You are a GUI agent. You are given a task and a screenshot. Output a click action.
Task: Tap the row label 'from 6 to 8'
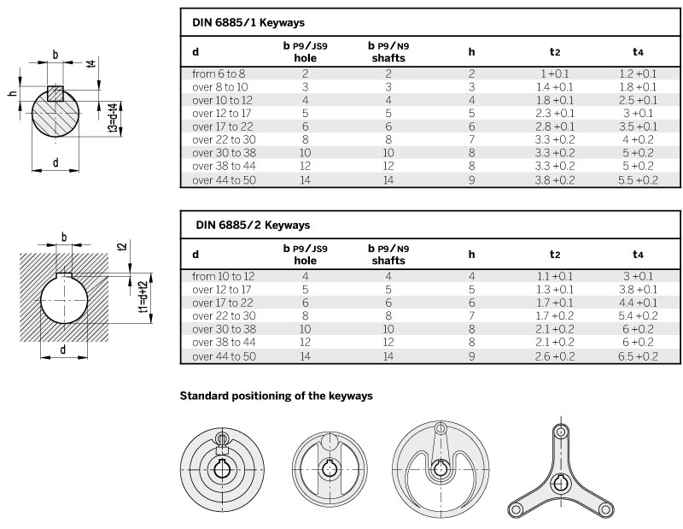pos(219,73)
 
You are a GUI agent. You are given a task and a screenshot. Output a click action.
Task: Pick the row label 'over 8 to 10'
pos(220,86)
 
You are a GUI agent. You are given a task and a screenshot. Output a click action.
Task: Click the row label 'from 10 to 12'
pos(224,276)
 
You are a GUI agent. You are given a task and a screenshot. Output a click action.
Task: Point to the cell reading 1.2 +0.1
pos(638,73)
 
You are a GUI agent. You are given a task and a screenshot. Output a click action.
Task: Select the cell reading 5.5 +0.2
pos(638,180)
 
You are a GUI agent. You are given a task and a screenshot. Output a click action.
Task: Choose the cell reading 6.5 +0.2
pos(638,356)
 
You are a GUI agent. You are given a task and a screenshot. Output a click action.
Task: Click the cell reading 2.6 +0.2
pos(555,356)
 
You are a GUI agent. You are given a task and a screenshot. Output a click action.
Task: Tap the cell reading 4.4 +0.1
pos(638,303)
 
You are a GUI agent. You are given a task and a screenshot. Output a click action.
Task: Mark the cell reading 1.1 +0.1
pos(555,276)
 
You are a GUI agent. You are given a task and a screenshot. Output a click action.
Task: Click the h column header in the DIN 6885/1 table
pos(471,50)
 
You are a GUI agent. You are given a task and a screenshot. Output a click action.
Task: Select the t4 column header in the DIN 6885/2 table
pos(638,254)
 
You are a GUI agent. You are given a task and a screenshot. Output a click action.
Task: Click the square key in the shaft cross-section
pos(55,93)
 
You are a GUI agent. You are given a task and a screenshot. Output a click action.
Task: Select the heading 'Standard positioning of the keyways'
pos(276,397)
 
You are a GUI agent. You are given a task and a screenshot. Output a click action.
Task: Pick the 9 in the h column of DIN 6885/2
pos(471,356)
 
